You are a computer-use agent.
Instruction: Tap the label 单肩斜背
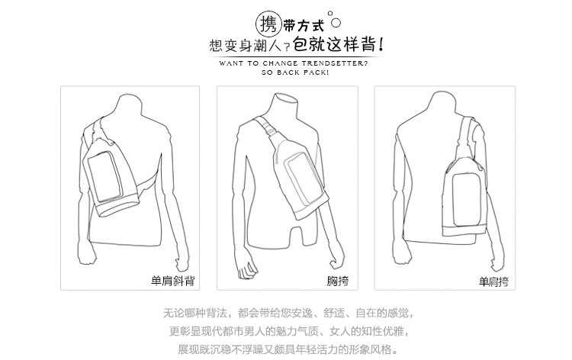point(173,281)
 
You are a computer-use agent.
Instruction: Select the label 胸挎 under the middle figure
point(338,281)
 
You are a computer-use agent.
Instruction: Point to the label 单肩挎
point(493,281)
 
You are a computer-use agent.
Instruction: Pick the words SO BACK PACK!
point(295,72)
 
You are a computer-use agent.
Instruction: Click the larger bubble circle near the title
point(336,23)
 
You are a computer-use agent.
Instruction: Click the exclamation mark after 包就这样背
point(381,44)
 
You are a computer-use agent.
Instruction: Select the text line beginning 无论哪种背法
point(288,313)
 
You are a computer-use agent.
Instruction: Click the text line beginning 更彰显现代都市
point(288,331)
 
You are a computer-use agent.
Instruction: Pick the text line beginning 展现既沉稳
point(287,349)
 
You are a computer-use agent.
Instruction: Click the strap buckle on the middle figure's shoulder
point(268,130)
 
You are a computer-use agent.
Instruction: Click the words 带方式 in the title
point(304,26)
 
